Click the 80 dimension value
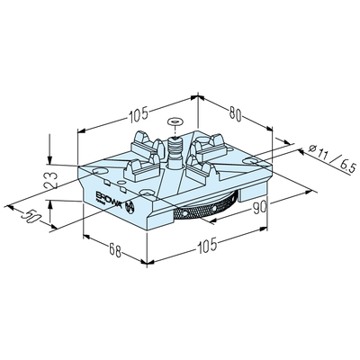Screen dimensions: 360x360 point(236,114)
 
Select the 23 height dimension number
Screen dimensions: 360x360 point(51,180)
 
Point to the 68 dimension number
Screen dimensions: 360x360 point(115,250)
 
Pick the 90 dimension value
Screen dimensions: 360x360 point(260,208)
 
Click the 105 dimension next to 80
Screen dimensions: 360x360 point(139,114)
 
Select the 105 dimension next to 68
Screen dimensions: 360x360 point(207,245)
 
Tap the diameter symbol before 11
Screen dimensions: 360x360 point(312,148)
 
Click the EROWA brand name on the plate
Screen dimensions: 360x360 point(108,198)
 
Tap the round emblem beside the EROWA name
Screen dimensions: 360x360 point(130,207)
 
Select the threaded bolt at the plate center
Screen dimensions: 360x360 point(175,152)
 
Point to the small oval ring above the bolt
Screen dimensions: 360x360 point(175,121)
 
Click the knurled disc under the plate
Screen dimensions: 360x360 point(207,208)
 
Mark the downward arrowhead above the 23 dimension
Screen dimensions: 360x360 point(49,160)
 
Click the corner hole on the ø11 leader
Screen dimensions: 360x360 point(251,161)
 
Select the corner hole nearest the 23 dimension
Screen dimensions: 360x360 point(100,171)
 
